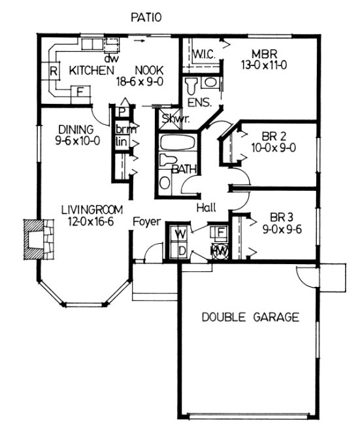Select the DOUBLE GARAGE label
(x=250, y=318)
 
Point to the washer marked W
(x=181, y=233)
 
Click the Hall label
(x=206, y=208)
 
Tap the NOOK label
(x=150, y=70)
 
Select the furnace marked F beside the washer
(x=221, y=232)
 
